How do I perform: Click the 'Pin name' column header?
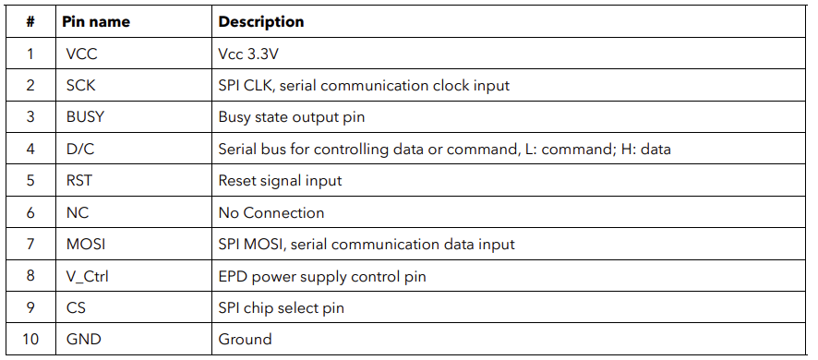tap(96, 22)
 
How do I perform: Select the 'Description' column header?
tap(261, 22)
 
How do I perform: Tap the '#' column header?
tap(30, 22)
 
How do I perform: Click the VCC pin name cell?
tap(81, 54)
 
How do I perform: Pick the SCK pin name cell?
tap(81, 85)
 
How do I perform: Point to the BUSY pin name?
tap(85, 117)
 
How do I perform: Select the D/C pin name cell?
tap(80, 149)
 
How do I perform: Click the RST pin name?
tap(79, 181)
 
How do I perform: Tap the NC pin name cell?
tap(78, 212)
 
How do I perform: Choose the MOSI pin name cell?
tap(86, 245)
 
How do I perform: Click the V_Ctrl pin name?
tap(87, 276)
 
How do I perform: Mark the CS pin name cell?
tap(76, 307)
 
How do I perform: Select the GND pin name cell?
tap(83, 339)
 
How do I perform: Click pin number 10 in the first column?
tap(30, 339)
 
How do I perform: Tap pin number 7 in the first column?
tap(30, 245)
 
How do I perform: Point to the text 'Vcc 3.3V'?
tap(248, 54)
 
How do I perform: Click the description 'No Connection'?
tap(271, 212)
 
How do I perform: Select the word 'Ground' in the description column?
tap(246, 339)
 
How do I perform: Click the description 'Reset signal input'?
tap(280, 181)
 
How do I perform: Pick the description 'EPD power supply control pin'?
tap(322, 276)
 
